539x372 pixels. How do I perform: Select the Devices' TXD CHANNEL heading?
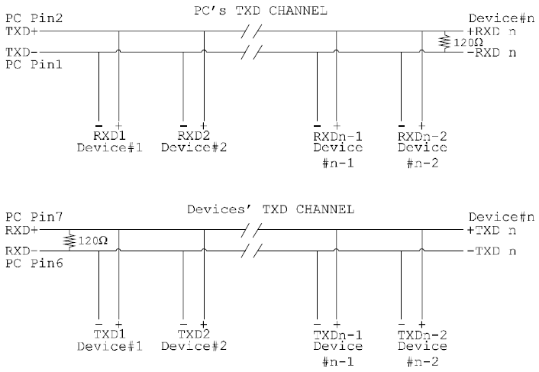[x=270, y=209]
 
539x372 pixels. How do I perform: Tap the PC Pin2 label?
[x=25, y=17]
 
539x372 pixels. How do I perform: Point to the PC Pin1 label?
[x=25, y=65]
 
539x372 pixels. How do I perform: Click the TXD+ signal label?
[x=19, y=33]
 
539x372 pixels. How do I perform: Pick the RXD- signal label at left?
[x=19, y=250]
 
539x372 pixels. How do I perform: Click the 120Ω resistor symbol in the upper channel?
[x=446, y=42]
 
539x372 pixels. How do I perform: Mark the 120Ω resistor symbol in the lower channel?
[x=69, y=240]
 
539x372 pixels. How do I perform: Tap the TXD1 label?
[x=108, y=335]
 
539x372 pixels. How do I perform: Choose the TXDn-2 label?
[x=422, y=335]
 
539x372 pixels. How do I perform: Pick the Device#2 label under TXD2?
[x=192, y=347]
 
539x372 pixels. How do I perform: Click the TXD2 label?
[x=192, y=335]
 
